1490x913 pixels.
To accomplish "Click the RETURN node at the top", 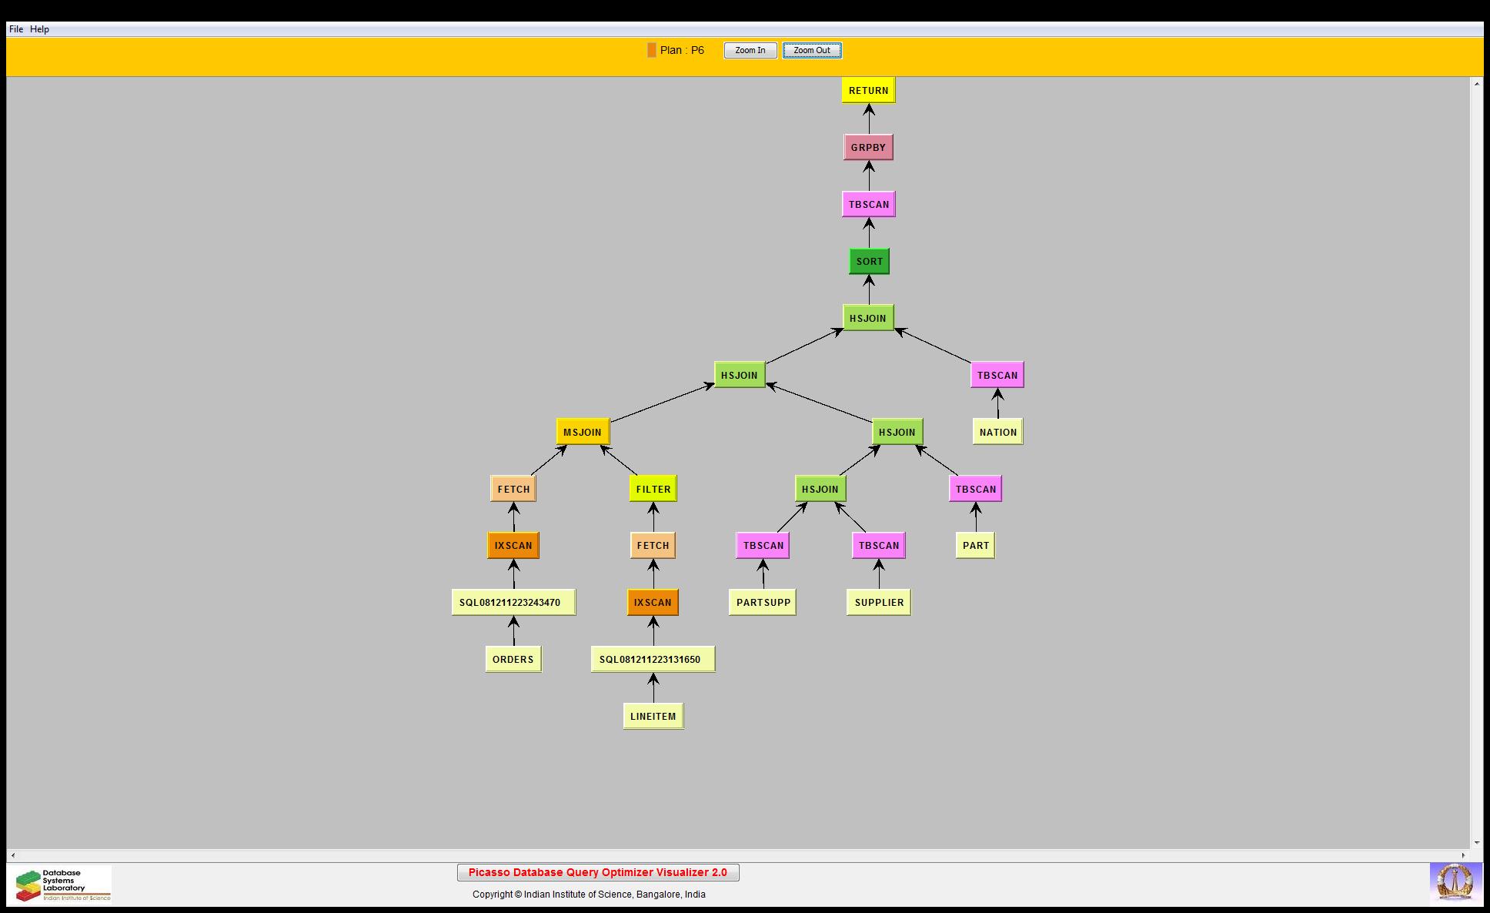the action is click(868, 90).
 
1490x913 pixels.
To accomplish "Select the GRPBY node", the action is click(868, 147).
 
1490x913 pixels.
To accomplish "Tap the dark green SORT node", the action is click(869, 261).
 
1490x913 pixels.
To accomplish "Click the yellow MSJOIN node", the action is click(583, 432).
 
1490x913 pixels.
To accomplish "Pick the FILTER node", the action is click(653, 489).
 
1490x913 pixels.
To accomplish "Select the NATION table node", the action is click(998, 432).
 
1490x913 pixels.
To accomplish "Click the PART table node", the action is click(975, 545).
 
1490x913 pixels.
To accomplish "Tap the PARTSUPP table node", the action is click(763, 602).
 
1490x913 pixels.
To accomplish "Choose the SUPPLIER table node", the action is click(879, 602).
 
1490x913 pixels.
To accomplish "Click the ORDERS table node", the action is click(513, 659).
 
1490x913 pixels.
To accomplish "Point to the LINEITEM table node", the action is click(653, 716).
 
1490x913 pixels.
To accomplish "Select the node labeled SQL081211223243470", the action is click(513, 602).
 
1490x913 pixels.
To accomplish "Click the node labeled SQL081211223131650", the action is click(653, 659).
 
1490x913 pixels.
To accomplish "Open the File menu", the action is click(16, 29).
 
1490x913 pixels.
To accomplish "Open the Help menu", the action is click(39, 29).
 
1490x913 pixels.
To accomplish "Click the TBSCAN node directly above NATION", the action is click(997, 375).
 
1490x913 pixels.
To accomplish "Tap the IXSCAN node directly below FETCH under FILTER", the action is click(653, 602).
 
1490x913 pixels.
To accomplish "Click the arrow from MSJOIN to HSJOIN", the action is click(663, 403).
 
